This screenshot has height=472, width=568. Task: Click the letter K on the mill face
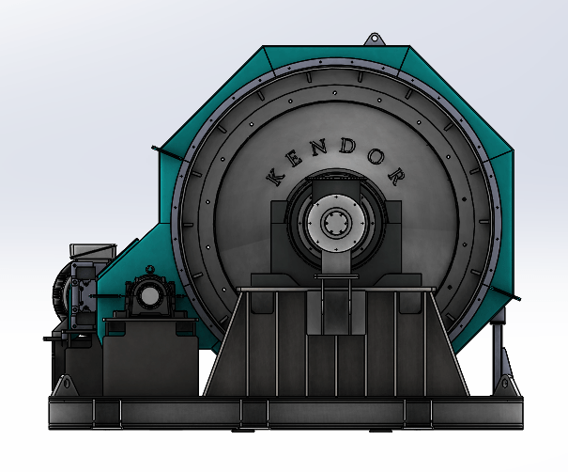275,177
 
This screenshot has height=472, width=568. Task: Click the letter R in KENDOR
395,176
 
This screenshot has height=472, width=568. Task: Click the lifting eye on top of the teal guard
374,39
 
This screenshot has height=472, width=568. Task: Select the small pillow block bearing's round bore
148,296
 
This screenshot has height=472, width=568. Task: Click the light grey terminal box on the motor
93,251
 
